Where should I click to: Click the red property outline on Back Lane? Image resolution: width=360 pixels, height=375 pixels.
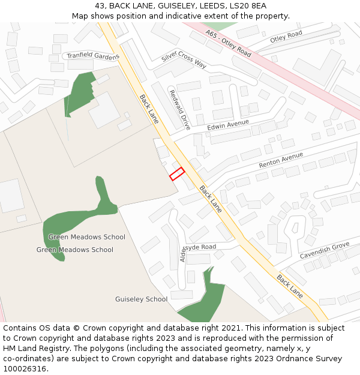tap(176, 174)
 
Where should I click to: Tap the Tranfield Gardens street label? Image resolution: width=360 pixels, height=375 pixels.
tap(93, 56)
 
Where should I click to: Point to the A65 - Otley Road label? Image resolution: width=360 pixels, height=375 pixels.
tap(228, 43)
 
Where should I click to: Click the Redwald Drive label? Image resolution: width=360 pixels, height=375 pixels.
tap(180, 110)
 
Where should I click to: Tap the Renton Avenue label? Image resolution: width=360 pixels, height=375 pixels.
tap(281, 160)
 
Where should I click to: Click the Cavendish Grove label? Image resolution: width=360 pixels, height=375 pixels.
tap(325, 251)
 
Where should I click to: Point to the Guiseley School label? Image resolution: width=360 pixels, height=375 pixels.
tap(141, 299)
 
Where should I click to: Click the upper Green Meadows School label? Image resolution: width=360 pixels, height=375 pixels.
tap(87, 237)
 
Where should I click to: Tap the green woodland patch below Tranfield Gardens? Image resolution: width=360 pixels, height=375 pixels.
tap(79, 93)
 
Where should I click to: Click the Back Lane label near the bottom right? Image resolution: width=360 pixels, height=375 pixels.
tap(290, 286)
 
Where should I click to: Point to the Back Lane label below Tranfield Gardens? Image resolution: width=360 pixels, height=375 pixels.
tap(149, 109)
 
